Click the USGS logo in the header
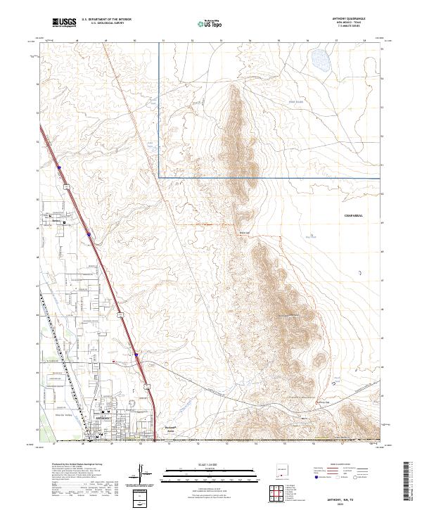point(64,23)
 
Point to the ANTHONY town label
point(103,418)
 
